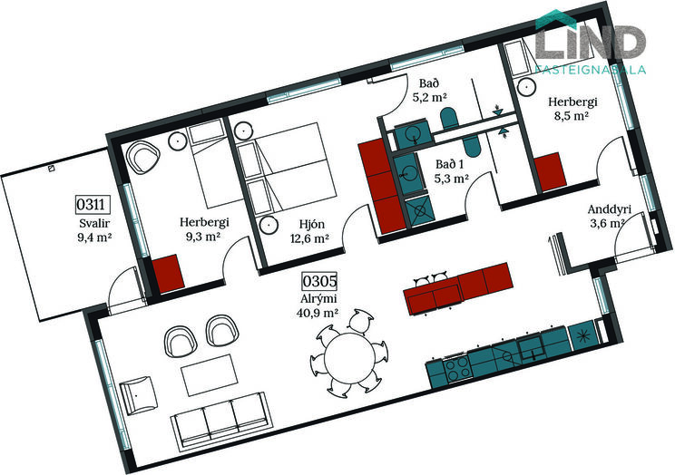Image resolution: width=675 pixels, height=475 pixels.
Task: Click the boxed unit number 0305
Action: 319,281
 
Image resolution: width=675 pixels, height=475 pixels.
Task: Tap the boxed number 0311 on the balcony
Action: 91,204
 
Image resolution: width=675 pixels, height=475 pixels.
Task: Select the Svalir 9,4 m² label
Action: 94,230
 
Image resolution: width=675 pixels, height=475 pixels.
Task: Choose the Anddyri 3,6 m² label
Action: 608,217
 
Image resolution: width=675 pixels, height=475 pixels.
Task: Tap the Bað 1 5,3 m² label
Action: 450,171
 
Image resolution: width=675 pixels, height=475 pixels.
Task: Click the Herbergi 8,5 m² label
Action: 572,109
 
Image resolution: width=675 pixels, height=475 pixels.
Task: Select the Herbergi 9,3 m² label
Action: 204,229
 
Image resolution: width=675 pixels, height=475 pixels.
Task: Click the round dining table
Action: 350,358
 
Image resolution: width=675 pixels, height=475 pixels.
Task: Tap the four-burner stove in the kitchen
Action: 457,368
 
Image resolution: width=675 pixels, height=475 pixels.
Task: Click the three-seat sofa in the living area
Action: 220,419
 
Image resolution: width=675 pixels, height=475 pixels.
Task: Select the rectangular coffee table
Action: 210,375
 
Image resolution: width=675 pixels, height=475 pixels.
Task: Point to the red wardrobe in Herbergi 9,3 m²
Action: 169,274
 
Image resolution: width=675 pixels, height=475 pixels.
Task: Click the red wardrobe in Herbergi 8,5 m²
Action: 549,171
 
